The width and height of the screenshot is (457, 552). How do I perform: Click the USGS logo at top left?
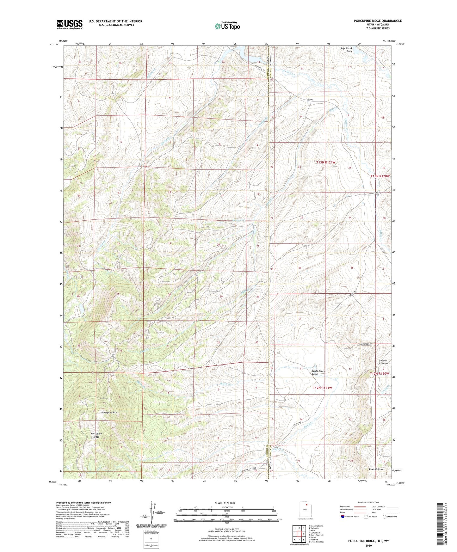[x=70, y=24]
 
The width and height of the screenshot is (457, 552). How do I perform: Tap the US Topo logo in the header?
[x=227, y=26]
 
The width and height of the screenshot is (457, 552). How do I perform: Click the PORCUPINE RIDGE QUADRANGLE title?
[x=378, y=21]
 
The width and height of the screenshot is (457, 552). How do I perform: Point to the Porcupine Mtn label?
[x=109, y=413]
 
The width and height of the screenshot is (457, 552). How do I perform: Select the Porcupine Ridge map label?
[x=96, y=435]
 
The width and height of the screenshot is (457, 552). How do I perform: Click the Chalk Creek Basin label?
[x=318, y=372]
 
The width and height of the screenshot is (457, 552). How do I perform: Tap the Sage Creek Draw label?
[x=346, y=50]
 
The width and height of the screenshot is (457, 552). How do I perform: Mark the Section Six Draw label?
[x=383, y=362]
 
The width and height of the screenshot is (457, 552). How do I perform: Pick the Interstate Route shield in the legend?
[x=343, y=517]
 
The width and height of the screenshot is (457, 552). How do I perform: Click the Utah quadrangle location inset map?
[x=305, y=510]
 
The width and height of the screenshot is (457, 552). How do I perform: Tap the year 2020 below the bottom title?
[x=368, y=545]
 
